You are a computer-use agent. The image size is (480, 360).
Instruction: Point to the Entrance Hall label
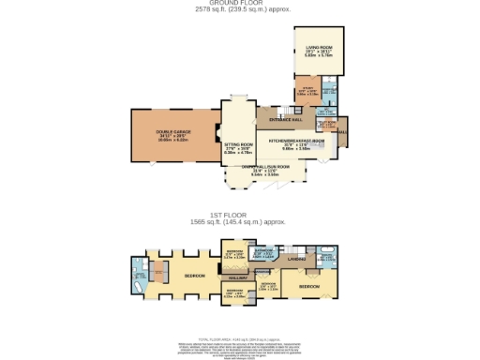(x=283, y=119)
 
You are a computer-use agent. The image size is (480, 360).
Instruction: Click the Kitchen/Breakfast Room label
(x=295, y=142)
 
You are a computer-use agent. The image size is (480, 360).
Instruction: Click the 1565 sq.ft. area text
(x=237, y=222)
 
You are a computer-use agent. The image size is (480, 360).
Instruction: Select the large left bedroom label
(x=194, y=276)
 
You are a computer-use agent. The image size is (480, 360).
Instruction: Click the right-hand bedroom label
(x=308, y=283)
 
